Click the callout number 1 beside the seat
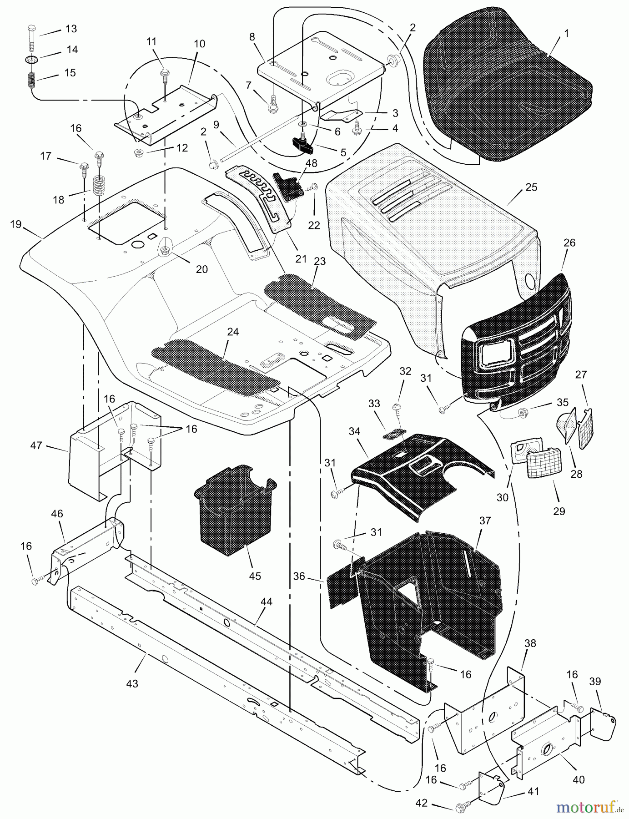pos(554,34)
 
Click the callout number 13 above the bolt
pos(71,29)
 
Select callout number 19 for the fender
pos(16,224)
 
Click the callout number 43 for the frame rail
pos(132,683)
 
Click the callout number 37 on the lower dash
pos(485,521)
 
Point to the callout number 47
pos(36,445)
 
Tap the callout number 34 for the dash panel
pos(355,430)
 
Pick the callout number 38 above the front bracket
pos(530,643)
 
